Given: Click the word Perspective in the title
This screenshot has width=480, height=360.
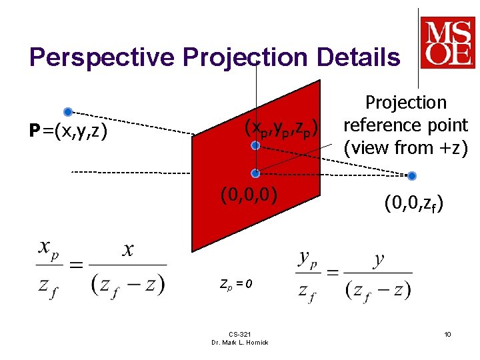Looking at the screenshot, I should (x=101, y=57).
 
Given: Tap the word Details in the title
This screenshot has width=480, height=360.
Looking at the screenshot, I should (x=359, y=57).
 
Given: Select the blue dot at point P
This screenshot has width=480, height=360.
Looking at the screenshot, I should (x=67, y=112).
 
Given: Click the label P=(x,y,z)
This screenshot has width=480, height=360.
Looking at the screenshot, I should (x=66, y=131).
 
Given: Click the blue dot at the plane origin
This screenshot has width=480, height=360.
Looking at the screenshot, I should (x=255, y=173).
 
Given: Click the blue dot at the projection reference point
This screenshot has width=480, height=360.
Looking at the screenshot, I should (x=411, y=176).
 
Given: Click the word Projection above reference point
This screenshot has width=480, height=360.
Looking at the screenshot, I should (x=405, y=103).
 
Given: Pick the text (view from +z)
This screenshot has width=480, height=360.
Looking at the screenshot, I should (x=405, y=147).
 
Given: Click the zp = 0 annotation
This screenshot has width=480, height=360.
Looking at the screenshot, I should (x=236, y=284).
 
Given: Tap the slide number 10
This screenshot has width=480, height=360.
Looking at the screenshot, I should (x=447, y=333).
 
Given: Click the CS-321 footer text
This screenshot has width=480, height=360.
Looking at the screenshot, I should (x=239, y=335).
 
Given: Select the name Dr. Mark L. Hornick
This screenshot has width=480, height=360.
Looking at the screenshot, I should (x=239, y=343).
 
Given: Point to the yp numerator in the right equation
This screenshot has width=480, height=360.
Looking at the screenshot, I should (x=312, y=257).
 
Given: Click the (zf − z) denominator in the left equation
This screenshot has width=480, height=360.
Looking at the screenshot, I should (x=127, y=285).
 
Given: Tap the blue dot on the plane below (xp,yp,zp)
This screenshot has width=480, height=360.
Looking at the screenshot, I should (x=254, y=145).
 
